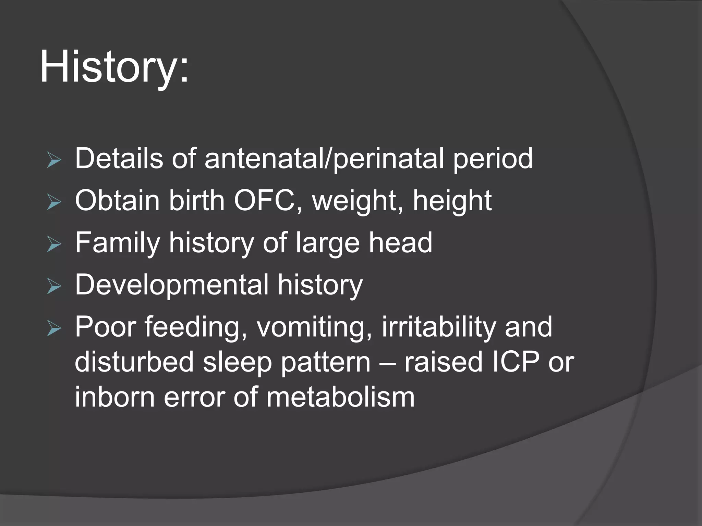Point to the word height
[x=452, y=201]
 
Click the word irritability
[x=438, y=327]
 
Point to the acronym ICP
[x=515, y=362]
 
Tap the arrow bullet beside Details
[x=54, y=160]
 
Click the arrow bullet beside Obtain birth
[x=54, y=202]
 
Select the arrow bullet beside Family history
[x=54, y=245]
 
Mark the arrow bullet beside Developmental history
[x=54, y=287]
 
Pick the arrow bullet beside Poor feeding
[x=54, y=329]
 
